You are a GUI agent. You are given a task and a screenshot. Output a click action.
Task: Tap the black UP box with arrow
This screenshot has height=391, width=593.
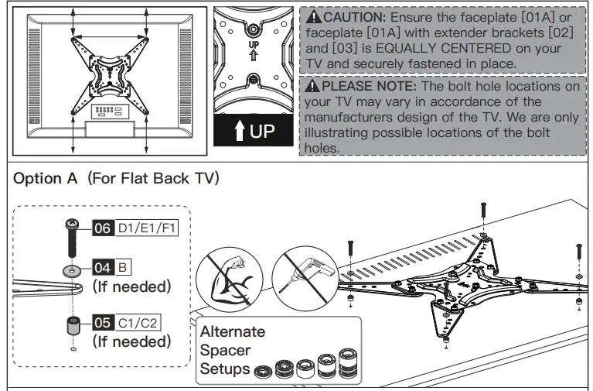coord(254,130)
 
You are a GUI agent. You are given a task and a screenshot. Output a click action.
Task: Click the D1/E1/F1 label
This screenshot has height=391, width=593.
coord(147,228)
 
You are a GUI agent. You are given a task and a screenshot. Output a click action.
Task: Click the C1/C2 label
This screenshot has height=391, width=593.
coord(139,323)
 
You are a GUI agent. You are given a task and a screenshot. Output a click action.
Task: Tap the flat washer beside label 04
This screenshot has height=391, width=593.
coord(72,272)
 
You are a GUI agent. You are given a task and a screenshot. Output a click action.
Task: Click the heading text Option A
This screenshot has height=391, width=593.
coord(46,178)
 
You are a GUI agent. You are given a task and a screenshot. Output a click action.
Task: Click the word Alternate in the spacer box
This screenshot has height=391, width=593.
coord(232,331)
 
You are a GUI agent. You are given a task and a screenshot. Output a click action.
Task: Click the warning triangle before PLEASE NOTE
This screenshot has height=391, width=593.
coord(312,86)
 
